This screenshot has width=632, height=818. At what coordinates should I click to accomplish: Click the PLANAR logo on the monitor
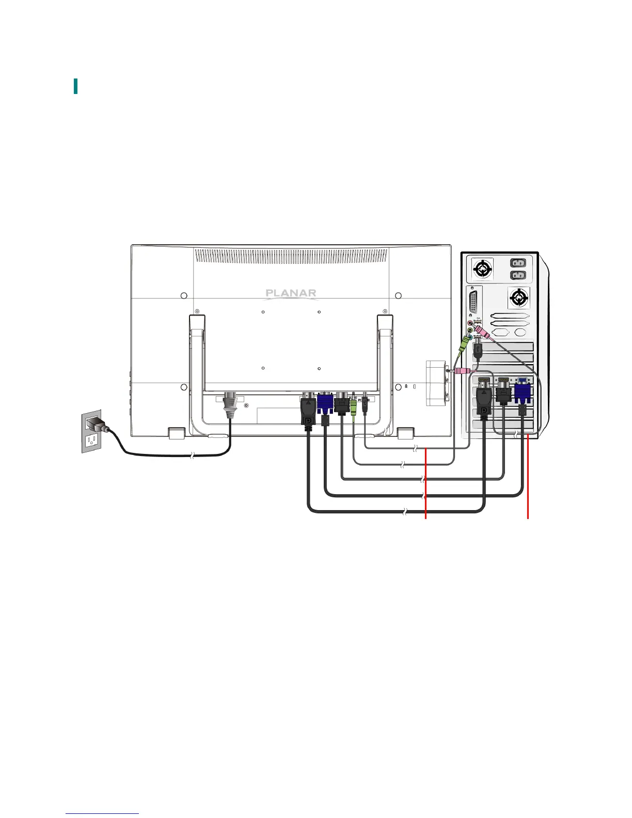[x=291, y=293]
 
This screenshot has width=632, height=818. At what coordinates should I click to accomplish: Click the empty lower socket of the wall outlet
[x=92, y=440]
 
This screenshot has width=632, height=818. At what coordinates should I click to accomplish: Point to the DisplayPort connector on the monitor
[x=308, y=411]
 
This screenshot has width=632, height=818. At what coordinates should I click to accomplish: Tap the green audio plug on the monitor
[x=353, y=406]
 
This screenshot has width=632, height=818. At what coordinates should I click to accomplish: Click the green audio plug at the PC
[x=464, y=343]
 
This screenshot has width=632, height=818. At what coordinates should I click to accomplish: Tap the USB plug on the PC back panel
[x=478, y=351]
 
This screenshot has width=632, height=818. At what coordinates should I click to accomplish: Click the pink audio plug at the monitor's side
[x=463, y=370]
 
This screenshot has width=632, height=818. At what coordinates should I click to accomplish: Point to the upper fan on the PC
[x=482, y=269]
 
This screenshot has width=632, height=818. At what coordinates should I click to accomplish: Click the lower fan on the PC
[x=518, y=297]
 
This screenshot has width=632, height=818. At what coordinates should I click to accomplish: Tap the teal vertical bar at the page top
[x=76, y=86]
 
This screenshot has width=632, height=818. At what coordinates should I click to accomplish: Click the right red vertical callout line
[x=528, y=475]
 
